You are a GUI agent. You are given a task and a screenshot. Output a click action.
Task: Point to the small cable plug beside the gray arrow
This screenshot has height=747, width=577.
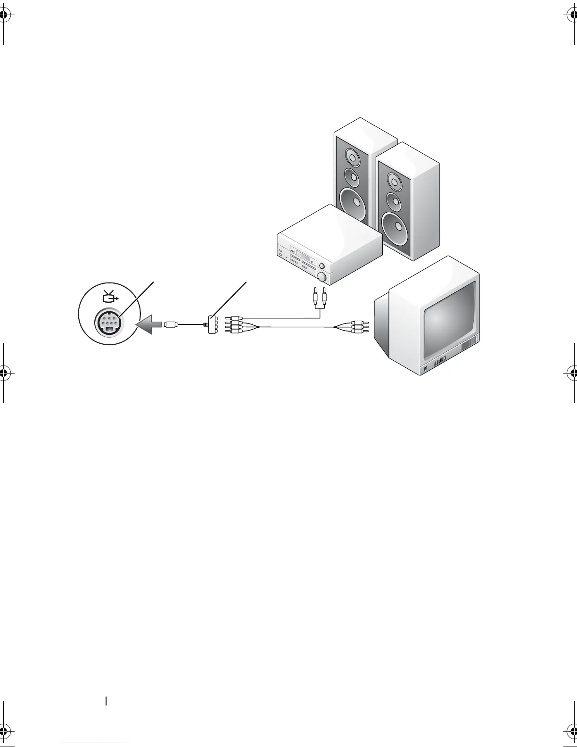pos(171,324)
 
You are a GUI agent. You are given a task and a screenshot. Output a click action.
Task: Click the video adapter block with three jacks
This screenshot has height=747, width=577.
pos(211,324)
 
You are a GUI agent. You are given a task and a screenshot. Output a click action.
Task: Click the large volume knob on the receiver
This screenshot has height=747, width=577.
pos(323,277)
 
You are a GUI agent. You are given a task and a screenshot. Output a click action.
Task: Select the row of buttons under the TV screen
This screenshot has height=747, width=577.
pos(439,362)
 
